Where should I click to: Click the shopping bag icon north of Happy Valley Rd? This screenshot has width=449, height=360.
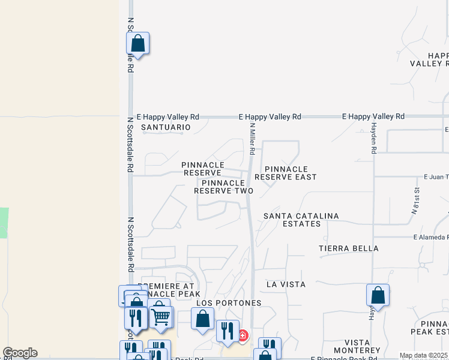[137, 44]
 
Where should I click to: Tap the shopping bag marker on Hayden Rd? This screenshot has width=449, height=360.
[378, 296]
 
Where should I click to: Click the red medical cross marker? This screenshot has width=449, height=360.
[243, 335]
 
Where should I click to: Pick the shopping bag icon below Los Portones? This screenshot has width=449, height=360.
[202, 318]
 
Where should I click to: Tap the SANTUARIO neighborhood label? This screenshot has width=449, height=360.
[165, 127]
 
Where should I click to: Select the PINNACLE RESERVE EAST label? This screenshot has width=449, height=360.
[285, 173]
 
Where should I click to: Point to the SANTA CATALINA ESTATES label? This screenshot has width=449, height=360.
[301, 220]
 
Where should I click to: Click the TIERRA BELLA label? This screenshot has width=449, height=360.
[349, 248]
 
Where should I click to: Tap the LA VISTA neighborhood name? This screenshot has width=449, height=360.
[286, 284]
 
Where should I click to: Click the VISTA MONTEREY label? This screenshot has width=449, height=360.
[354, 346]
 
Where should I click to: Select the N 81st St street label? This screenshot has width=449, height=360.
[415, 204]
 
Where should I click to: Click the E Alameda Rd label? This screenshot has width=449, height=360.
[430, 237]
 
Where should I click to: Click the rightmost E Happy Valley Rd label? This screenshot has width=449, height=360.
[373, 116]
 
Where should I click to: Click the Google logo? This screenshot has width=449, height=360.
[20, 353]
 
